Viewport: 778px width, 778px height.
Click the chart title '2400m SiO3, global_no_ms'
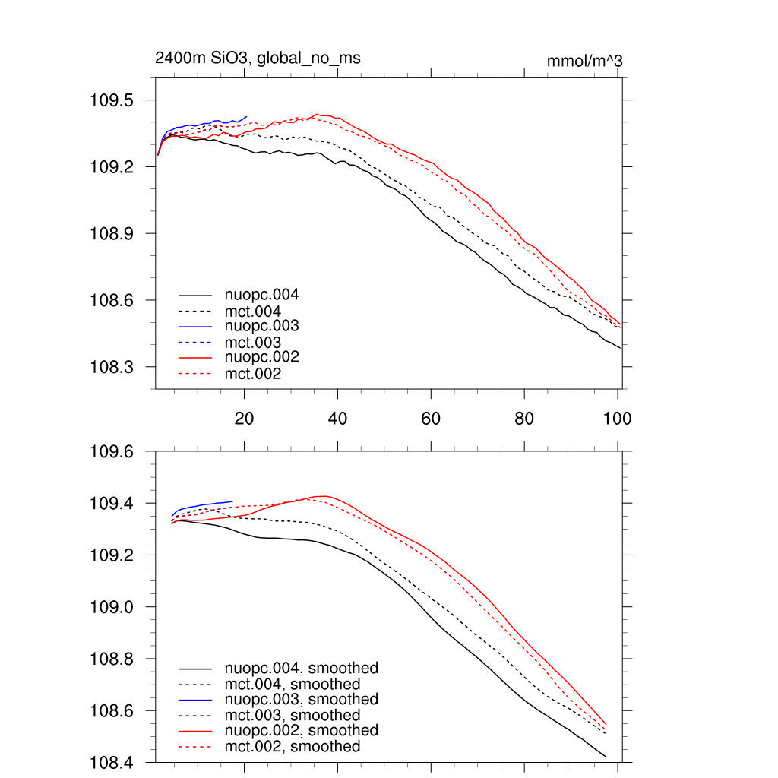(258, 58)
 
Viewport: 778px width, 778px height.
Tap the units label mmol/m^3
(584, 62)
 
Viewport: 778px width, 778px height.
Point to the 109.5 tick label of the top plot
(112, 100)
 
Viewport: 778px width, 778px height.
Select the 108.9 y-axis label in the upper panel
(112, 234)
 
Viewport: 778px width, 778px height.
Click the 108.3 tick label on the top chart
(112, 367)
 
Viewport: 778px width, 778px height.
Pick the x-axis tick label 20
(244, 418)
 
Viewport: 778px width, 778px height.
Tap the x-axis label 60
(431, 418)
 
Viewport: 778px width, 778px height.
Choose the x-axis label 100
(616, 418)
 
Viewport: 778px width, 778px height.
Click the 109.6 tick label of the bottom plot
(112, 452)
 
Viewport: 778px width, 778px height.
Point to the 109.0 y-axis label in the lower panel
(112, 608)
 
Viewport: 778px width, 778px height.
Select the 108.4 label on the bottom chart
(112, 763)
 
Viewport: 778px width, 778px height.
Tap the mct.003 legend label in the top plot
(252, 342)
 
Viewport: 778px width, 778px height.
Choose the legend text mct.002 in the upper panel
(252, 374)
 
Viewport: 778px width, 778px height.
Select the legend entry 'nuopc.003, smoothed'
(301, 699)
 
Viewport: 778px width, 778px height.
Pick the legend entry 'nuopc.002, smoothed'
(301, 730)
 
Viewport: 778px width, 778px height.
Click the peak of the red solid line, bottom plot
(324, 496)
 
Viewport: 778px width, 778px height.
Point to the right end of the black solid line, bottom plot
(606, 757)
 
